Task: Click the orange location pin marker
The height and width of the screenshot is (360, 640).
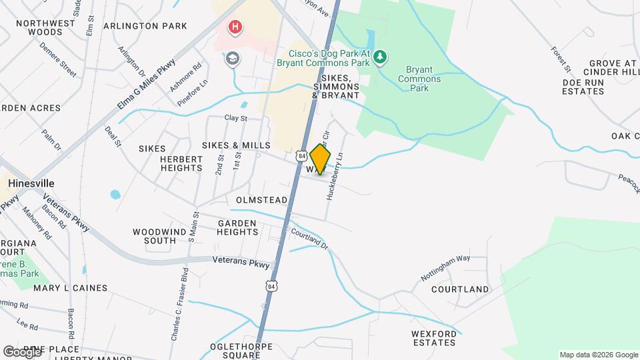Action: tap(320, 159)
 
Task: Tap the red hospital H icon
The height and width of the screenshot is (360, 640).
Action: tap(235, 27)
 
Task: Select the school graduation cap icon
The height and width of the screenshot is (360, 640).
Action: tap(233, 58)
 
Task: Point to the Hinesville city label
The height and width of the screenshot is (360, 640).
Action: tap(31, 183)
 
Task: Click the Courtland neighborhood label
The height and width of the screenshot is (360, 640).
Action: tap(460, 289)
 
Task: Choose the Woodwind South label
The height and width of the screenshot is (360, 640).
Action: tap(154, 236)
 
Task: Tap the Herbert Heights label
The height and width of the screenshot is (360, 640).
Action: tap(181, 163)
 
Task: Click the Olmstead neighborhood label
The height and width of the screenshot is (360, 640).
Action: tap(261, 200)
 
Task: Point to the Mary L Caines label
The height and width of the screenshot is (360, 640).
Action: tap(70, 288)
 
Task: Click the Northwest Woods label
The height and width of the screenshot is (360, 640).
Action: tap(45, 27)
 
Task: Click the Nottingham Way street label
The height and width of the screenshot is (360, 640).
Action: tap(445, 267)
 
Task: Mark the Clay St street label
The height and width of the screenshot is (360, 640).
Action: tap(236, 118)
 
